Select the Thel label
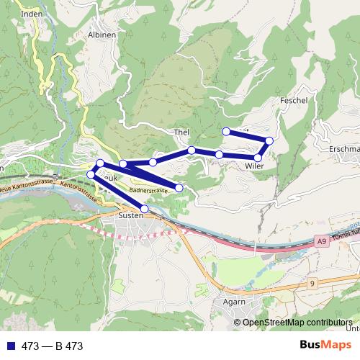tap(181, 132)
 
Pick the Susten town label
tap(131, 215)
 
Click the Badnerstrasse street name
tap(149, 190)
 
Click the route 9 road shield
tap(312, 284)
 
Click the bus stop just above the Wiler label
tap(258, 157)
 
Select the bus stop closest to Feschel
tap(269, 140)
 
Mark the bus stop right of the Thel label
tap(192, 150)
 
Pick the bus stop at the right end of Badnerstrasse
tap(179, 188)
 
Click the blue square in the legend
tap(9, 346)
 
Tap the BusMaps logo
tap(325, 346)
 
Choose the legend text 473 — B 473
tap(53, 346)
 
